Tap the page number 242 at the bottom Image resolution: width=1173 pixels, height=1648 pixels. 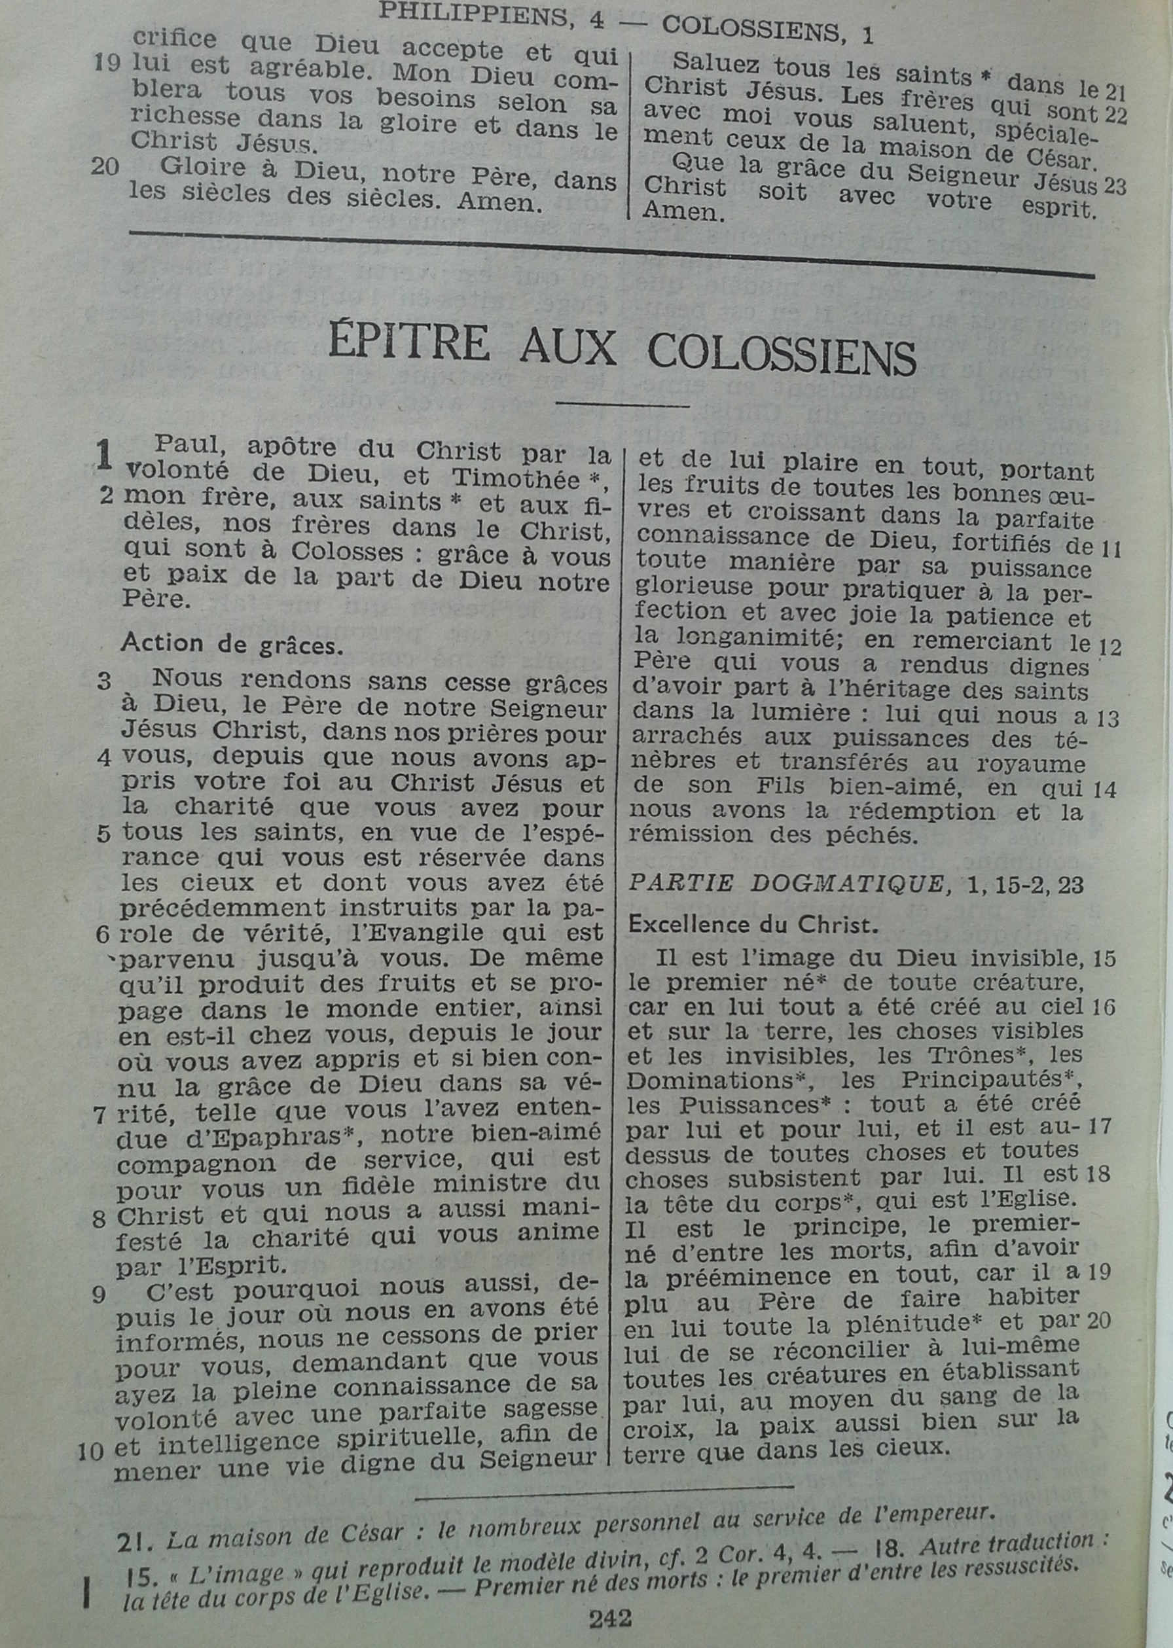(609, 1613)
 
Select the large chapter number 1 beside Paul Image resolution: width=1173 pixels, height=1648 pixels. (105, 456)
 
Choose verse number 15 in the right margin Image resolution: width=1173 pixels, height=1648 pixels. (1104, 959)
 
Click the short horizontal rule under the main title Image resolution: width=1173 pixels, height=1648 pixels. (622, 404)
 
